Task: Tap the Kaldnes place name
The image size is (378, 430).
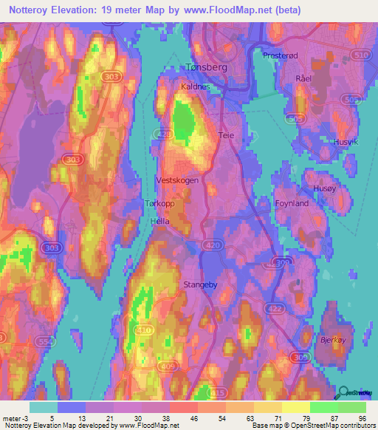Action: coord(196,86)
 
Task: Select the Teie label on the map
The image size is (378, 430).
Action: coord(226,135)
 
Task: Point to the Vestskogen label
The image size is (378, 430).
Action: coord(177,180)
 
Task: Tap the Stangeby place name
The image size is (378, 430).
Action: coord(199,283)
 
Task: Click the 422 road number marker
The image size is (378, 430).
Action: coord(296,308)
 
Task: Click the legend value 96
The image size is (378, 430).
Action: coord(362,418)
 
